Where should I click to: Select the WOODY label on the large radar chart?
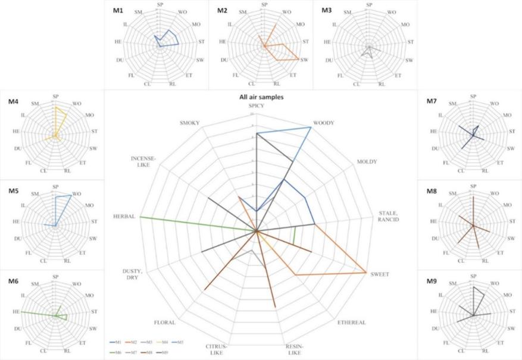(x=322, y=123)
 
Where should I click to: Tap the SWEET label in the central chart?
(x=379, y=274)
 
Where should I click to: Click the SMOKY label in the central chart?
(x=189, y=123)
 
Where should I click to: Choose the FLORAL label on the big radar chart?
(x=164, y=323)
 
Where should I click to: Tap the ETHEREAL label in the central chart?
(x=351, y=323)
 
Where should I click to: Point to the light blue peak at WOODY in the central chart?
(x=311, y=127)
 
